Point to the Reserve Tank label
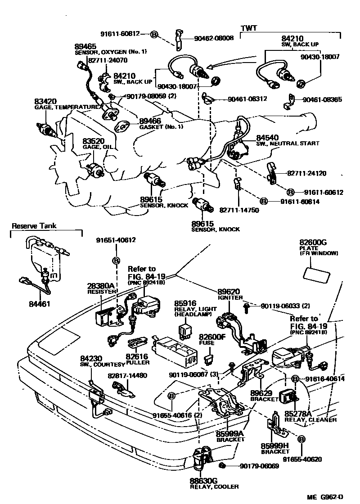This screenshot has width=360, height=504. click(x=34, y=226)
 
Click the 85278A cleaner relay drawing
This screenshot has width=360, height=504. click(x=288, y=396)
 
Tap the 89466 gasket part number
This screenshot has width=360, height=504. click(x=150, y=121)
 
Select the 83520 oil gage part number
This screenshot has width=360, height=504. click(x=93, y=141)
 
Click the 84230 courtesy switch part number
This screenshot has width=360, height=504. click(x=92, y=358)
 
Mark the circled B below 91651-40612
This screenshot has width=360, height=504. click(x=116, y=261)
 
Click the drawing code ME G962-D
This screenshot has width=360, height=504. click(x=325, y=497)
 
